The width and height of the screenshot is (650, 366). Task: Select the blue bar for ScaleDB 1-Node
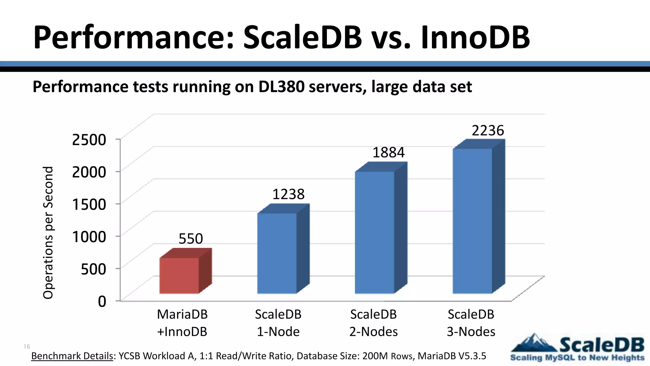(x=277, y=253)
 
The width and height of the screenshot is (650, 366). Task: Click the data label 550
(x=190, y=239)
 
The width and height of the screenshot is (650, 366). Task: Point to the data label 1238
(x=288, y=194)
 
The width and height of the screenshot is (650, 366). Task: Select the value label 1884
(x=388, y=152)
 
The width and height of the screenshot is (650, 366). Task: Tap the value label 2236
(x=488, y=131)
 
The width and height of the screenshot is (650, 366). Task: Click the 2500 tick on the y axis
(x=89, y=139)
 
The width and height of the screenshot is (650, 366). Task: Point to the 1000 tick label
(x=89, y=236)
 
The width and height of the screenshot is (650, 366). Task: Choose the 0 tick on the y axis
(x=102, y=301)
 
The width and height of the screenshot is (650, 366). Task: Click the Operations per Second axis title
(x=48, y=233)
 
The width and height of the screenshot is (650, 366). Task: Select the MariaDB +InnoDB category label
(x=182, y=323)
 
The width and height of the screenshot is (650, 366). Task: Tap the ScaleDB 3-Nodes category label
(x=471, y=323)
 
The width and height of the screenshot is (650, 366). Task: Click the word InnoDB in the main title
(x=475, y=37)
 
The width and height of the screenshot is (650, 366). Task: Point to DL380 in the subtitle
(x=282, y=87)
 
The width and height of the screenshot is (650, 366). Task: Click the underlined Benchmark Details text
(x=72, y=356)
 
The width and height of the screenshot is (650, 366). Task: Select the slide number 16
(x=27, y=346)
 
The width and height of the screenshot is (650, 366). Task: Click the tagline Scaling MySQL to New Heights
(x=577, y=358)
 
